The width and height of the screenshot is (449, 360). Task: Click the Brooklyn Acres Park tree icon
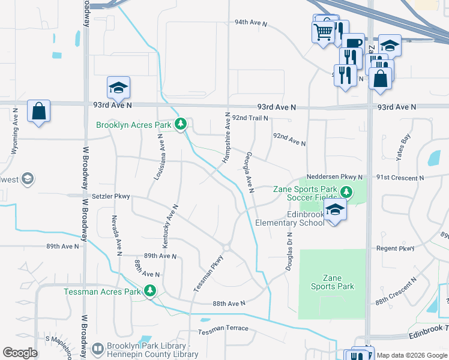pos(181,125)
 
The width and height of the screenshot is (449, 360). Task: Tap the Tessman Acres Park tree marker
pos(149,292)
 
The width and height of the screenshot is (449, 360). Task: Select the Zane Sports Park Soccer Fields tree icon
pos(345,192)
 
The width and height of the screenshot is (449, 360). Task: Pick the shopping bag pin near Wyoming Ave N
pos(38,111)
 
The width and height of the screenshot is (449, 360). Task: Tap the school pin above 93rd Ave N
pos(118,88)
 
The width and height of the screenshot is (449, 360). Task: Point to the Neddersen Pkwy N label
pos(334,177)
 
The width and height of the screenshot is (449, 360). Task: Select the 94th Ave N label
pos(250,22)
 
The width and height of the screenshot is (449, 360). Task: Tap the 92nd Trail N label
pos(250,118)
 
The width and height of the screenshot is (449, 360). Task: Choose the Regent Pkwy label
pos(395,248)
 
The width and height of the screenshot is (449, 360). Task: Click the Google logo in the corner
pos(20,353)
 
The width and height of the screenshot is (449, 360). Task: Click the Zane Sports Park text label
pos(333,282)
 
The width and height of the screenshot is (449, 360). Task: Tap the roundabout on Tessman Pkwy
pos(227,247)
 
